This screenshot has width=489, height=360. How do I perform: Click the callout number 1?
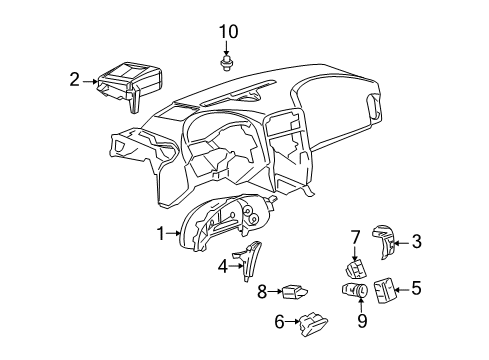[159, 233]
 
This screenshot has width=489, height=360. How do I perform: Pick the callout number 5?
[416, 289]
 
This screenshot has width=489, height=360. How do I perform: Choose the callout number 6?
[280, 321]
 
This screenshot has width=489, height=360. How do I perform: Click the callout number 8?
[262, 292]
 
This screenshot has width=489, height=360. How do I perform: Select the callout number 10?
[228, 32]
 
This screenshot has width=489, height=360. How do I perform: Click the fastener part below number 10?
[228, 62]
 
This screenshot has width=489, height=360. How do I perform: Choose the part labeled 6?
[310, 319]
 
